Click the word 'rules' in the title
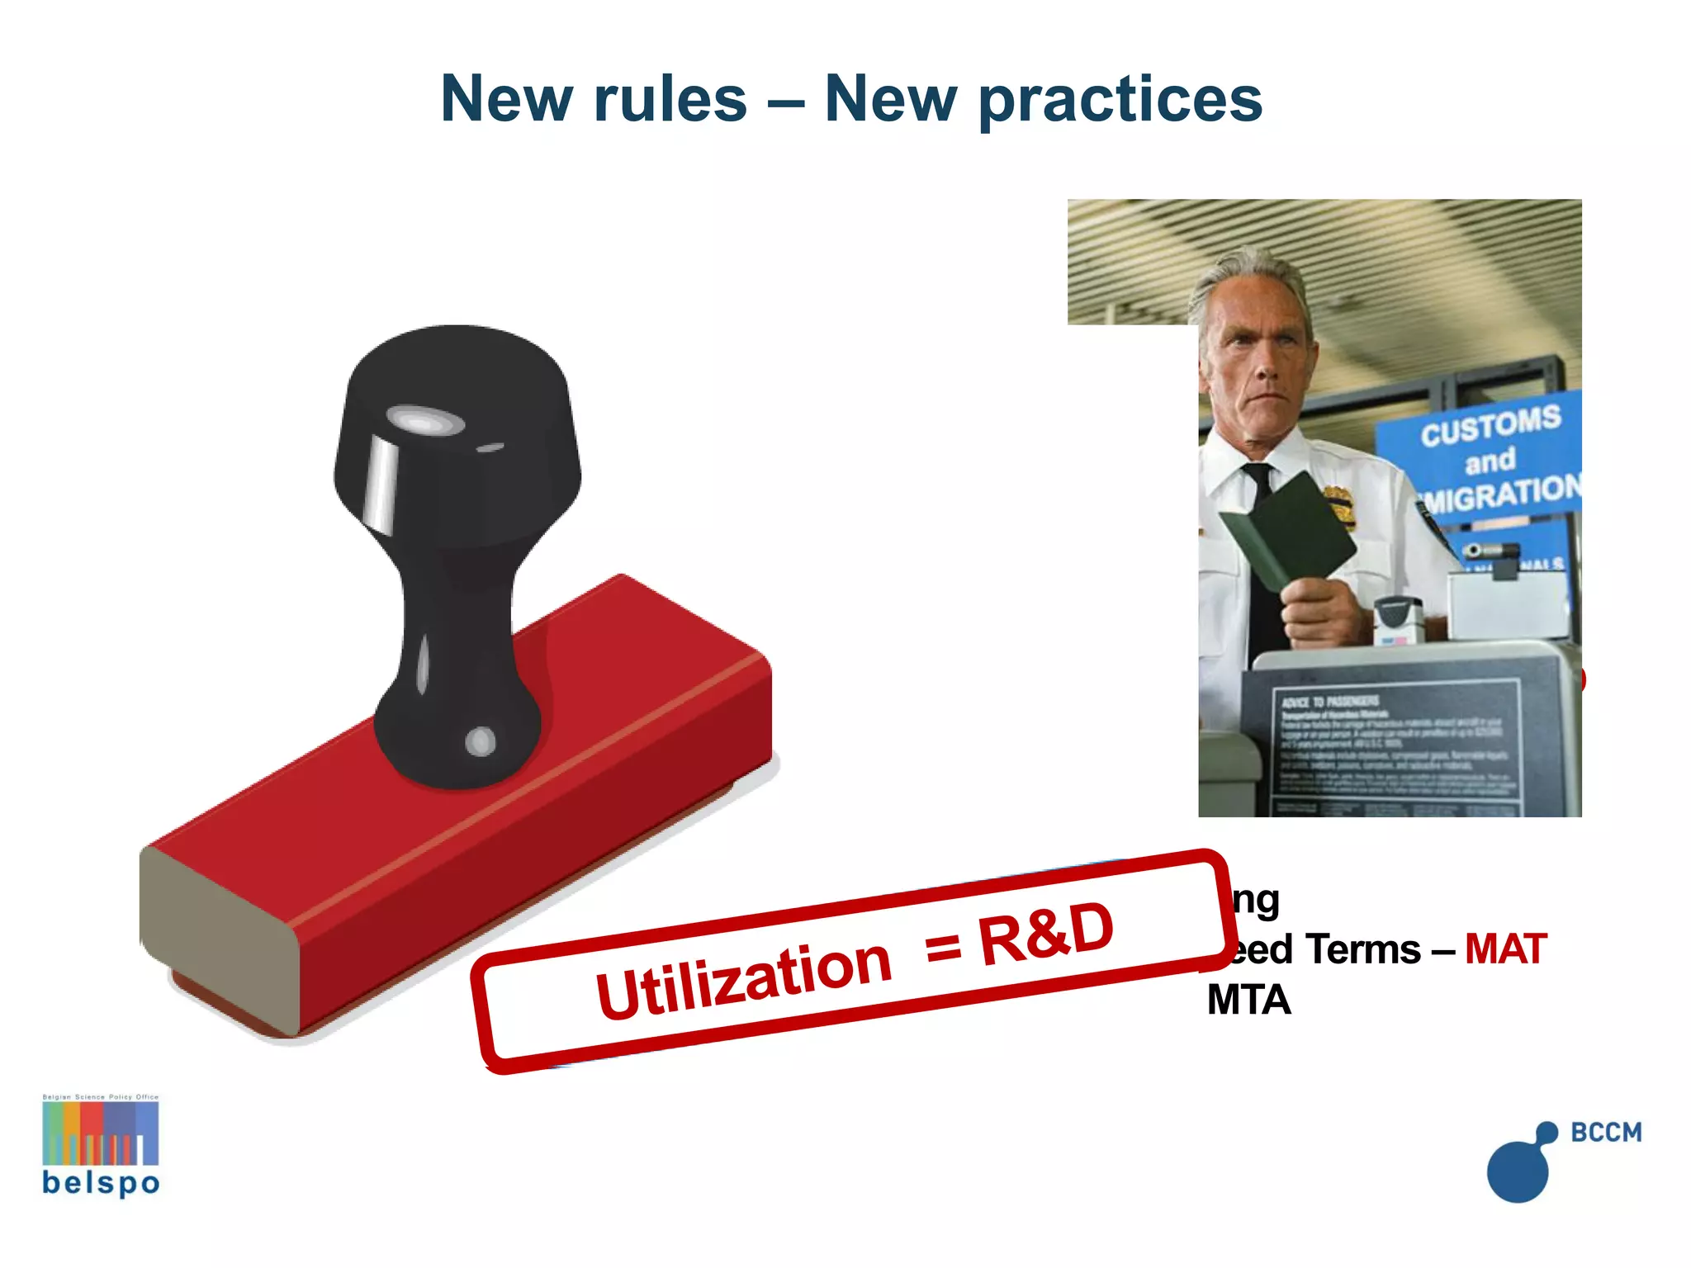(x=670, y=99)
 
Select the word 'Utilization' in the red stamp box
(x=743, y=979)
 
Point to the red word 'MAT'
(x=1504, y=949)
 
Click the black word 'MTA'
(x=1248, y=1001)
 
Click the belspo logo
(x=101, y=1146)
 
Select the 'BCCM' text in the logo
(x=1606, y=1133)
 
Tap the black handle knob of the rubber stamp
(x=457, y=429)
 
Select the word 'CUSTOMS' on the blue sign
(x=1490, y=425)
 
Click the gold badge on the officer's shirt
(x=1340, y=505)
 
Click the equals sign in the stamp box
(x=943, y=948)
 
